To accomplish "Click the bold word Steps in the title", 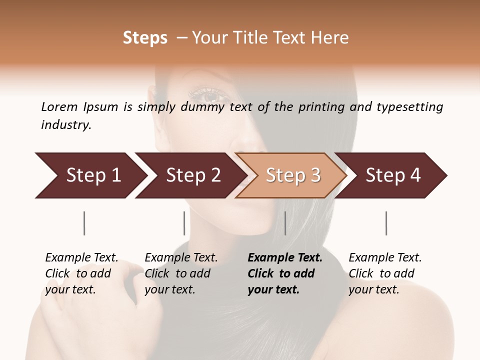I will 145,38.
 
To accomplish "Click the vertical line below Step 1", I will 84,223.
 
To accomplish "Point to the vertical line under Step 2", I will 184,223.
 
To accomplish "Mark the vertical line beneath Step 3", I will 285,223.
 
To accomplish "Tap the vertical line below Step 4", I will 386,223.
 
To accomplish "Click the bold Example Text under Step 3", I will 285,258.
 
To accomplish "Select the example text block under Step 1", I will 81,273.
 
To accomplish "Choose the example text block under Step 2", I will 181,273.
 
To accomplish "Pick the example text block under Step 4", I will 385,273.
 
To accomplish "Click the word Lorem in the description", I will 59,107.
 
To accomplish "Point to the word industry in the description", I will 66,125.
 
